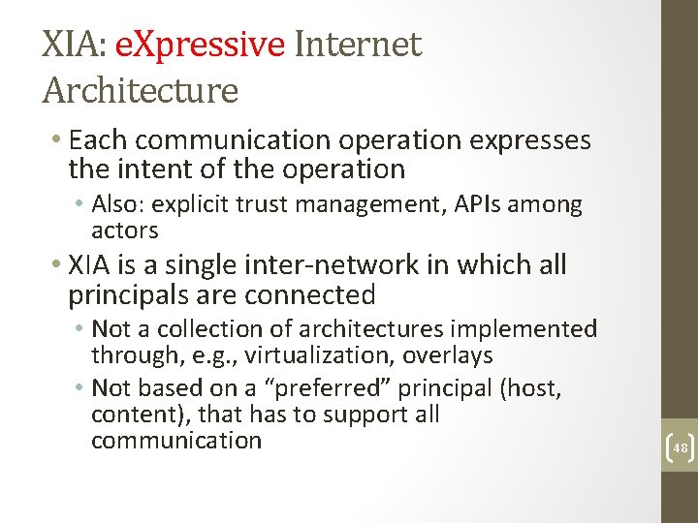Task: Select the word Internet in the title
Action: [x=358, y=45]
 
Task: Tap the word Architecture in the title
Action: [x=141, y=91]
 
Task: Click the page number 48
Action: [x=679, y=448]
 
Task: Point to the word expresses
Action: [x=530, y=140]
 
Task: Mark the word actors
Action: [x=124, y=230]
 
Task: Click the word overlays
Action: [x=448, y=355]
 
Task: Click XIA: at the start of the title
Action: [x=76, y=45]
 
